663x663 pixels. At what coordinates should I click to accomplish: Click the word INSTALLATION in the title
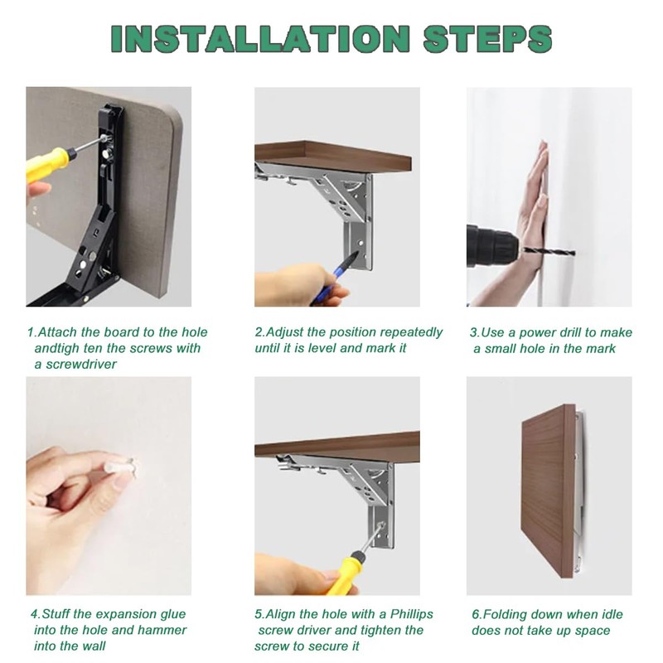coord(260,38)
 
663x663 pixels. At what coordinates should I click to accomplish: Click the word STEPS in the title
coord(487,38)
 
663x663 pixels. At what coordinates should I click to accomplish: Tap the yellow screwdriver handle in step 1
coord(47,163)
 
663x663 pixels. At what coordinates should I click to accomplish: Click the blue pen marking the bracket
coord(335,277)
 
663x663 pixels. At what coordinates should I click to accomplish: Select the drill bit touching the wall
coord(549,252)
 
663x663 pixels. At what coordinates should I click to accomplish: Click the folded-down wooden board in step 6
coord(549,491)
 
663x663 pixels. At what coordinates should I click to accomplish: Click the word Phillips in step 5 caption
coord(411,614)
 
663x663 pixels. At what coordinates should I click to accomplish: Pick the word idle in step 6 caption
coord(612,614)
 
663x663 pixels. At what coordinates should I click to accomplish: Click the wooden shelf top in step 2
coord(333,156)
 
